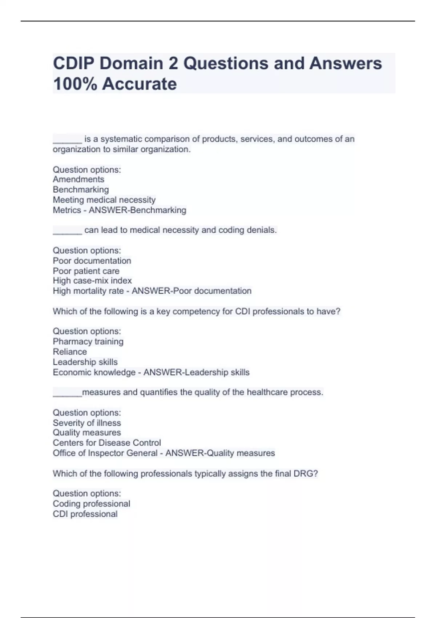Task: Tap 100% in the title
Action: point(74,84)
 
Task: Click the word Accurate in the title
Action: point(140,84)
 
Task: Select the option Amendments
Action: point(78,179)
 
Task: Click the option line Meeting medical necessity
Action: point(104,200)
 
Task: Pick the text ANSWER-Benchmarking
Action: point(138,210)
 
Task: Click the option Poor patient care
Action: point(86,271)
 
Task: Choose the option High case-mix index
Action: point(92,281)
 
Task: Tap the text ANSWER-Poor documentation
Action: point(191,291)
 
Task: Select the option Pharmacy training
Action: point(88,341)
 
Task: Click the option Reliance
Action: point(70,352)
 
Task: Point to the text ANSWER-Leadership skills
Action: point(197,372)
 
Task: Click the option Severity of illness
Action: point(87,423)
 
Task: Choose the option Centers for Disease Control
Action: point(106,443)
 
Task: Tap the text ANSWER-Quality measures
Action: point(220,453)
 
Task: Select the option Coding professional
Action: point(91,503)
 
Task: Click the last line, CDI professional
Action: point(85,514)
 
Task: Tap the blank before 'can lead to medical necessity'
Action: point(68,231)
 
